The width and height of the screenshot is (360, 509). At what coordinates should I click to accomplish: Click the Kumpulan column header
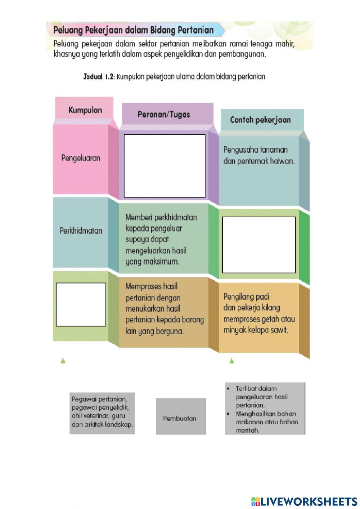click(85, 110)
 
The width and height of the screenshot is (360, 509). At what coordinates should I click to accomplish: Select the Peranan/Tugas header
click(164, 114)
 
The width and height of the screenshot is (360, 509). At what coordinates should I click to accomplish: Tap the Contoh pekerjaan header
click(260, 120)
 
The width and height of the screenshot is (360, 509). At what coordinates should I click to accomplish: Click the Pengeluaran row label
click(81, 158)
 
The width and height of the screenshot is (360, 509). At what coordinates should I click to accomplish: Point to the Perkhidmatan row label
click(81, 231)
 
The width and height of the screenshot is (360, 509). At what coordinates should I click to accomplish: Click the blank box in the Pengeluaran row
click(165, 166)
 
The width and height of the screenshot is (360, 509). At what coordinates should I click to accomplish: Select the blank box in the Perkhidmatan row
click(259, 245)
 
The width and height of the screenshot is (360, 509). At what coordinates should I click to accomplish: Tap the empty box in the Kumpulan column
click(81, 304)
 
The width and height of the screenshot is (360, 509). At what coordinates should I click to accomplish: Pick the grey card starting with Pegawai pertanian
click(102, 413)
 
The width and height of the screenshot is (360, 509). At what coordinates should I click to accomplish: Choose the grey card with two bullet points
click(265, 408)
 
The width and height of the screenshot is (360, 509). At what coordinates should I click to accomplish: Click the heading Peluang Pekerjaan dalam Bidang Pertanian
click(134, 30)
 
